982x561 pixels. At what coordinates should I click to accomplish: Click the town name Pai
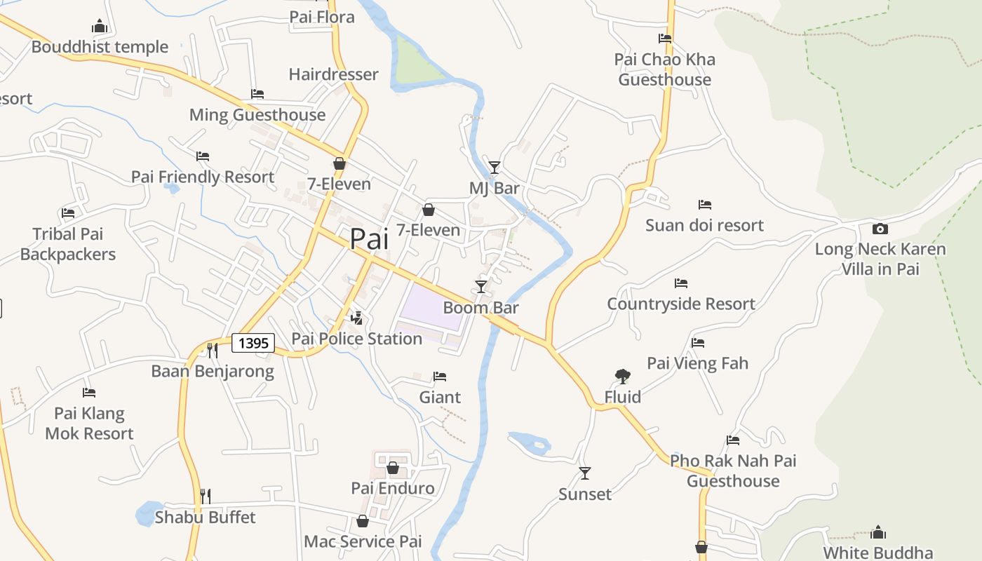click(369, 239)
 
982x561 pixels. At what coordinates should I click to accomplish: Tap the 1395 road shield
click(253, 343)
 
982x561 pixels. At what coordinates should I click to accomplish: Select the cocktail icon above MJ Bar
click(495, 167)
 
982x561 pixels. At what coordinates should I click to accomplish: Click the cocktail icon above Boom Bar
click(481, 286)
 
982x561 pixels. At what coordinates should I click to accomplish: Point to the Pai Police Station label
click(356, 339)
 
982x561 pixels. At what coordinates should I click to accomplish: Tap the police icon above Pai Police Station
click(357, 318)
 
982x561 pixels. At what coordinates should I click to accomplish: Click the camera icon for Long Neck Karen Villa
click(880, 229)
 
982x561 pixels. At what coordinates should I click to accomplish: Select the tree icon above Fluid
click(622, 377)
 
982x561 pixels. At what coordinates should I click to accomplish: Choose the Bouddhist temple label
click(100, 47)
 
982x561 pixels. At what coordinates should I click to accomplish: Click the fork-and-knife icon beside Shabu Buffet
click(205, 496)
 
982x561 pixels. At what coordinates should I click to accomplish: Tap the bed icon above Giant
click(440, 377)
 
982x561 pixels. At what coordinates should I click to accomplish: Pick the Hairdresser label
click(333, 74)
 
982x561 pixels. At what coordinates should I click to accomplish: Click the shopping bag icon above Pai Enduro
click(393, 468)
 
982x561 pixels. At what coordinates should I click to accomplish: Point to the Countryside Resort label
click(680, 304)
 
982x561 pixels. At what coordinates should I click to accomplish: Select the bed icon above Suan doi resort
click(705, 205)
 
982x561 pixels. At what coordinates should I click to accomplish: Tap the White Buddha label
click(878, 553)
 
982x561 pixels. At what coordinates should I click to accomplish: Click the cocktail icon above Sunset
click(584, 473)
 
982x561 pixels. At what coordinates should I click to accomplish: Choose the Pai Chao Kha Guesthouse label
click(665, 69)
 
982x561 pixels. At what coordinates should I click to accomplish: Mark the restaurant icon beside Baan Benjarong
click(212, 350)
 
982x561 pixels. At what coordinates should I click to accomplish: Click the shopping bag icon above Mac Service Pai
click(363, 521)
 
